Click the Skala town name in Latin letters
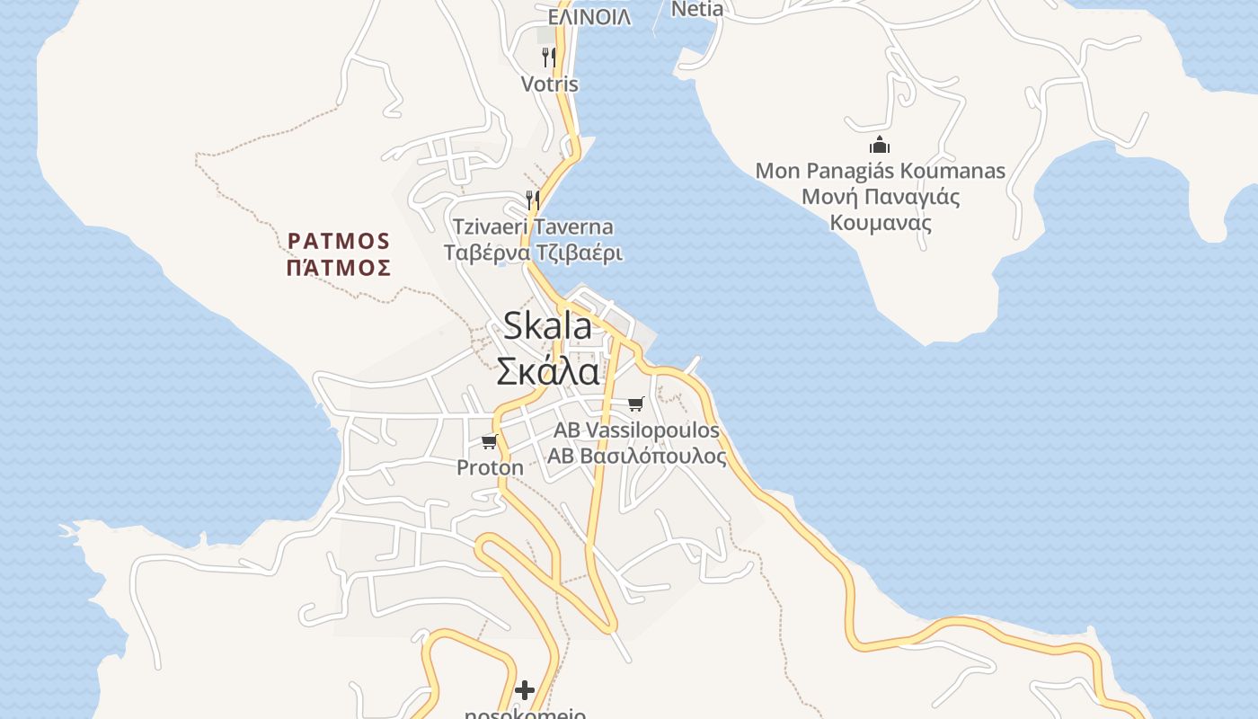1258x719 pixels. (547, 325)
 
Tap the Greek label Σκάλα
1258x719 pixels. (547, 370)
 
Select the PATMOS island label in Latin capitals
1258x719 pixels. (339, 241)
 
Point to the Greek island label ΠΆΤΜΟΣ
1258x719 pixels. (339, 268)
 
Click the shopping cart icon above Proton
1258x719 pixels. (490, 440)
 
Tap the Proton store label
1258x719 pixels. (490, 467)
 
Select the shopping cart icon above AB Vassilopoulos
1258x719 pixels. (636, 404)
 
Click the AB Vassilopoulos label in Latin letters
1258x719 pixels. (636, 431)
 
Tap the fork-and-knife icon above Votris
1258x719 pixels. (548, 57)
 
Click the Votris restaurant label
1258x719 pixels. (549, 84)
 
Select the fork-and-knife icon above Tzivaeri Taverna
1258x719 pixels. (533, 199)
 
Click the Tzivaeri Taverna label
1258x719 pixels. (533, 226)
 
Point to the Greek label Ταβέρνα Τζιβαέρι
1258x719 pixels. (533, 253)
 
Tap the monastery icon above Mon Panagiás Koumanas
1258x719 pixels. (879, 145)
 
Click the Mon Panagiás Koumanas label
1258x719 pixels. (880, 171)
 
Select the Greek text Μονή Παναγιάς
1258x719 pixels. (880, 197)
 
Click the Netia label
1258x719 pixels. (696, 10)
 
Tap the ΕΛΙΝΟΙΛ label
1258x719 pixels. (589, 17)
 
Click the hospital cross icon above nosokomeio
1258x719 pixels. (525, 689)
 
